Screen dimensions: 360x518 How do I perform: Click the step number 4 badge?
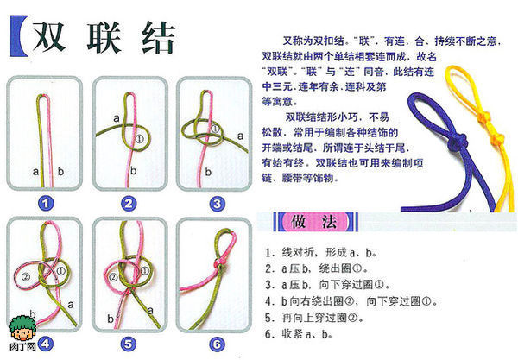click(x=45, y=344)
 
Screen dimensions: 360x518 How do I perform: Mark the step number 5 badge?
click(x=129, y=344)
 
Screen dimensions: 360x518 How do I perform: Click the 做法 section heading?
click(x=320, y=224)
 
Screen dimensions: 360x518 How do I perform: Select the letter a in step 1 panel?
click(x=35, y=172)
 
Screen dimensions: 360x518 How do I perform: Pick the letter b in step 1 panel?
click(x=59, y=172)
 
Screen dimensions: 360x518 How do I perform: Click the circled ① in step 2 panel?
click(x=141, y=136)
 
